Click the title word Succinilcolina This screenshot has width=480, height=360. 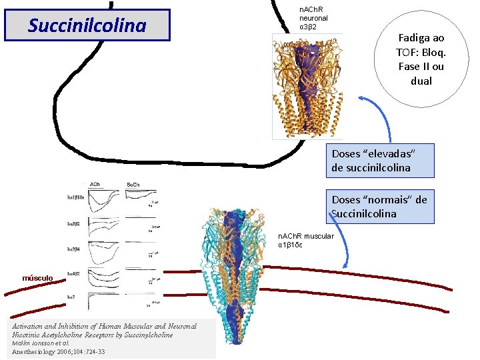[87, 25]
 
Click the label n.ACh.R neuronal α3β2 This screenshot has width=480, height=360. [313, 18]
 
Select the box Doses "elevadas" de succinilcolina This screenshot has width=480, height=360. [380, 161]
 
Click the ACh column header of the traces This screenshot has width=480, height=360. [95, 185]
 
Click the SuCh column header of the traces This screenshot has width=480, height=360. [133, 185]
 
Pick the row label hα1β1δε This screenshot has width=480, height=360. [75, 197]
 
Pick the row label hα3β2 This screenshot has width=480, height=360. [73, 224]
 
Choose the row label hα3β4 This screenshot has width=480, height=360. [73, 249]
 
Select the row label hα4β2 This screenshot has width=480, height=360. [73, 273]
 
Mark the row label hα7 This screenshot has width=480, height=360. [71, 295]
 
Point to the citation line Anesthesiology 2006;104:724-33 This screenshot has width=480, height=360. [58, 351]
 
